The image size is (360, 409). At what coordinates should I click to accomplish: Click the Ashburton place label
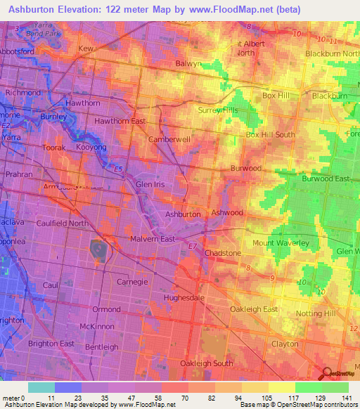point(183,214)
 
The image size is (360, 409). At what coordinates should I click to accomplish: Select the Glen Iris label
point(150,184)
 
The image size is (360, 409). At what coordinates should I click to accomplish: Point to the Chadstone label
point(223,252)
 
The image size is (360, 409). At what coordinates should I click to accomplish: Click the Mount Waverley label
point(281,242)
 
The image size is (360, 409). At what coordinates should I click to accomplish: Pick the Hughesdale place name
point(183,298)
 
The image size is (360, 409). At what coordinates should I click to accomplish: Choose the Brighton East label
point(51,343)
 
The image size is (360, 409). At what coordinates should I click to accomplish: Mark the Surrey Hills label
point(219,110)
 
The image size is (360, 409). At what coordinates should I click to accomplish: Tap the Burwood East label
point(326,179)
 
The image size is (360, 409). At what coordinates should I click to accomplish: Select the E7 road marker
point(191,246)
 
